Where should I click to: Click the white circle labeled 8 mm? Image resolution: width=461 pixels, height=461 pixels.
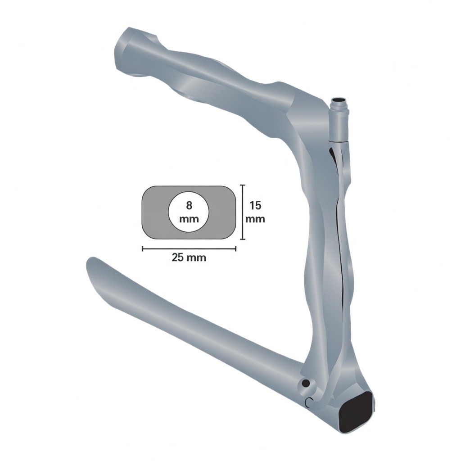[189, 212]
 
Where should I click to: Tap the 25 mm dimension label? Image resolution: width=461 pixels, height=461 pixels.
[189, 258]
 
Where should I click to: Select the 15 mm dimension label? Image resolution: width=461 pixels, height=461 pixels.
[255, 212]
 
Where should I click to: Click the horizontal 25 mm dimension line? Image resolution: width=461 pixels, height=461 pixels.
[189, 249]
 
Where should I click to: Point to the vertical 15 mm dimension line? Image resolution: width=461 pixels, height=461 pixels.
[243, 212]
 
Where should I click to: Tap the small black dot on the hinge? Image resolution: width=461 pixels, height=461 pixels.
[306, 384]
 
